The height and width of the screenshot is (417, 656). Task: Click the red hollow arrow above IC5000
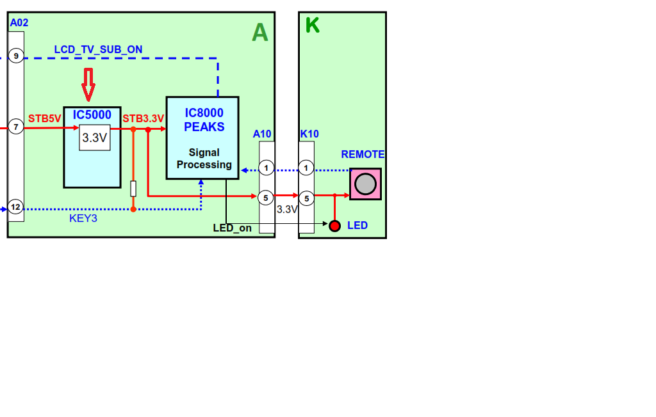tap(88, 84)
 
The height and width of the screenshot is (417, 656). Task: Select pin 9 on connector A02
tap(16, 56)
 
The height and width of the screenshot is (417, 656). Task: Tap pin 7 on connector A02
tap(16, 127)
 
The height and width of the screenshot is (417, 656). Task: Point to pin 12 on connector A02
tap(16, 207)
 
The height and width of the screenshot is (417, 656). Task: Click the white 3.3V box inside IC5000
tap(95, 138)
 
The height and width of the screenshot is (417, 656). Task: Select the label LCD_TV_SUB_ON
tap(98, 49)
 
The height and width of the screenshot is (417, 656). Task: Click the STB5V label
tap(44, 118)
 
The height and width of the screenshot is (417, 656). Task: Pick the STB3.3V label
tap(143, 118)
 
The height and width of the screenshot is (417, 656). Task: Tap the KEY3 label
tap(83, 218)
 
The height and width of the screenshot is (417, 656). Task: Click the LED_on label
tap(232, 228)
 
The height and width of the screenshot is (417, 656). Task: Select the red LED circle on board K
tap(334, 225)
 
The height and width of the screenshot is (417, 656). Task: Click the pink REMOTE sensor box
tap(365, 184)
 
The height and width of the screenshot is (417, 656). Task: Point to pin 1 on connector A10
tap(266, 168)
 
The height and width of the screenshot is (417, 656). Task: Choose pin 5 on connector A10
tap(266, 198)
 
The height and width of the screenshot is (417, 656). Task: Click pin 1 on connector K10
tap(306, 168)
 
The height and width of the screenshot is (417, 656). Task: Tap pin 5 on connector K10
tap(306, 198)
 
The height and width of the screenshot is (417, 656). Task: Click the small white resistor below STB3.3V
tap(133, 189)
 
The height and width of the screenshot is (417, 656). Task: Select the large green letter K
tap(312, 26)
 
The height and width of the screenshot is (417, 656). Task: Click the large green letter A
tap(259, 32)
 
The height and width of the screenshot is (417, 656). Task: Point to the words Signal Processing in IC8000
tap(204, 159)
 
